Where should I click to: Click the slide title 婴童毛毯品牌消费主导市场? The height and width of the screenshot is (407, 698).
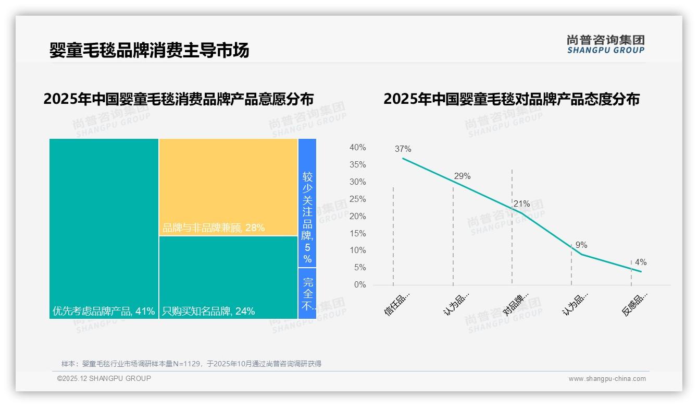tap(149, 50)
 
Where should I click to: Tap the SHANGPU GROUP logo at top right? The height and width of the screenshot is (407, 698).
tap(605, 44)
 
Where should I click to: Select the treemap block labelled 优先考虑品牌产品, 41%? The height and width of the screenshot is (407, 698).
tap(104, 228)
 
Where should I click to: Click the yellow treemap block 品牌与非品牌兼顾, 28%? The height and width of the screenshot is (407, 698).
tap(228, 187)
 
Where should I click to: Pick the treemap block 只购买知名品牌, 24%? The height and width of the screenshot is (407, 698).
tap(228, 277)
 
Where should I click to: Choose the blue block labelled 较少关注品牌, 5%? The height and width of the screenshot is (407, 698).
tap(307, 203)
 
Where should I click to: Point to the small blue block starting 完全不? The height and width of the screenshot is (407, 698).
tap(307, 293)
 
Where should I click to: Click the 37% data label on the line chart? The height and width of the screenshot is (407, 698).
tap(403, 149)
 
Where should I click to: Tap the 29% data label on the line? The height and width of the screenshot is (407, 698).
tap(462, 176)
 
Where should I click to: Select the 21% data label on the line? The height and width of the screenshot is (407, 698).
tap(521, 204)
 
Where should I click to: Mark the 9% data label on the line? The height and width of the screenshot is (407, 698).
tap(581, 245)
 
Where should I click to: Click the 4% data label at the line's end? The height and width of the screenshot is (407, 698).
tap(641, 262)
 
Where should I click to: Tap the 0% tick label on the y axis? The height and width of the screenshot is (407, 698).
tap(359, 285)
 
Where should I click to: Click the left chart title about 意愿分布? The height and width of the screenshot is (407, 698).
tap(178, 99)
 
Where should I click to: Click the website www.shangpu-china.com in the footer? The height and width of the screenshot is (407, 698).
tap(607, 379)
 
